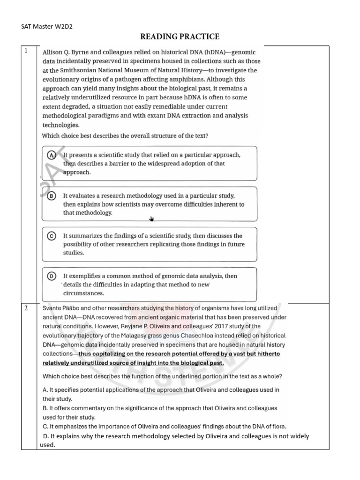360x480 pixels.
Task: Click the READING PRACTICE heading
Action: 180,37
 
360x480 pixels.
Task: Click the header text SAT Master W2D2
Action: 47,26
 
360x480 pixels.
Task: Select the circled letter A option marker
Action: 52,155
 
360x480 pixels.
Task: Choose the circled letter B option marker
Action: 52,195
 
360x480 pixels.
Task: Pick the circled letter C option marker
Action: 52,236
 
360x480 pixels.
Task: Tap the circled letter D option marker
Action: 52,276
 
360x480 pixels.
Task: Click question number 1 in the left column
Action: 27,51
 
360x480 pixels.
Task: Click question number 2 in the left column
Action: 27,308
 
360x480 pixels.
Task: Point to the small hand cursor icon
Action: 151,218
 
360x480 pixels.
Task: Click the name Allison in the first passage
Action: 55,52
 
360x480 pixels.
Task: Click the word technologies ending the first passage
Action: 61,125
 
